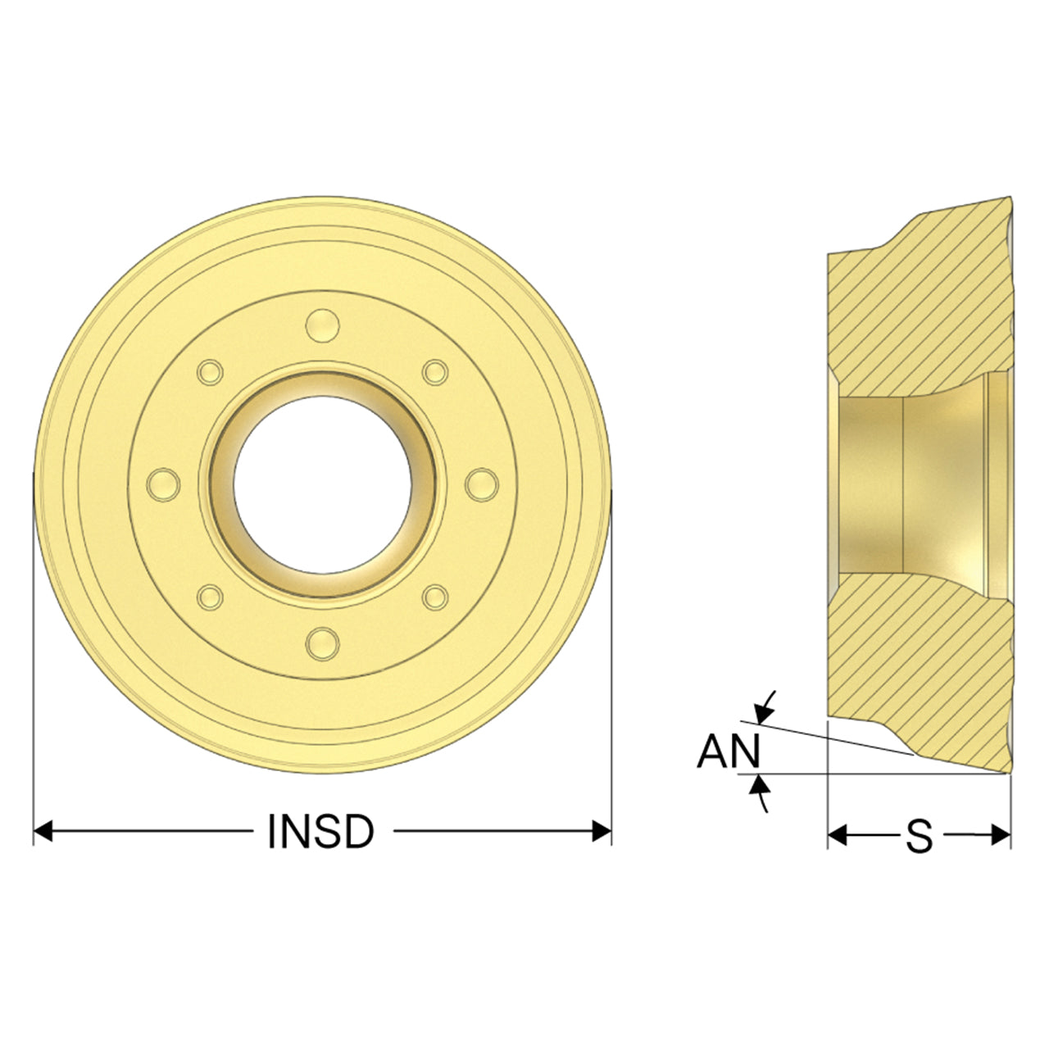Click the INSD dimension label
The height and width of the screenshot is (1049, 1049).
click(320, 832)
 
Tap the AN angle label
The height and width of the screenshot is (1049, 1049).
click(729, 751)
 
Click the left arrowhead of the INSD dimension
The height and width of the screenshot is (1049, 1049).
click(43, 832)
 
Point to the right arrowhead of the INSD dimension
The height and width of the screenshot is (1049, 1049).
click(602, 832)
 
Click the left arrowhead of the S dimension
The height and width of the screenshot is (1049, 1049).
click(838, 835)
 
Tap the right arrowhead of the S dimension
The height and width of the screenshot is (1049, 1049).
click(1001, 835)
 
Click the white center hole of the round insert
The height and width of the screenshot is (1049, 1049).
click(322, 484)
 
